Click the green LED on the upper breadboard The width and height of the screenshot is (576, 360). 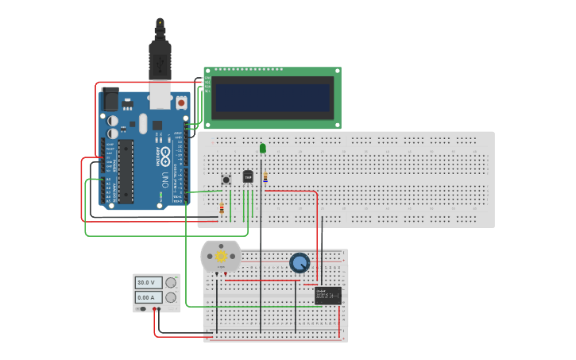[262, 148]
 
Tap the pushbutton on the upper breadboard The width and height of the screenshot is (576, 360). [226, 180]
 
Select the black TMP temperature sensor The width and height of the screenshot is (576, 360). [248, 176]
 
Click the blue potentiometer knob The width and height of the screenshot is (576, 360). [300, 262]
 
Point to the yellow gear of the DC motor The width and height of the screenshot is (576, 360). [221, 257]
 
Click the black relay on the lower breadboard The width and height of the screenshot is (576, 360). [327, 296]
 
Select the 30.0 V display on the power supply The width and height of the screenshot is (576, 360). [149, 282]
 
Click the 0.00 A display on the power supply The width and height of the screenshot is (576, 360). [149, 297]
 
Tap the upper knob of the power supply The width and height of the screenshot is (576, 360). [171, 282]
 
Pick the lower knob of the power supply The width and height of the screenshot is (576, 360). [171, 297]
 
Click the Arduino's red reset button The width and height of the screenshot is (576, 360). [181, 103]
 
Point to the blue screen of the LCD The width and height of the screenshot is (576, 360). [272, 98]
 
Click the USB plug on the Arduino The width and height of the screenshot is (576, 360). [160, 60]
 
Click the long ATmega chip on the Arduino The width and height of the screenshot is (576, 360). [126, 172]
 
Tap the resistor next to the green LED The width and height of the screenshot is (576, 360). [265, 176]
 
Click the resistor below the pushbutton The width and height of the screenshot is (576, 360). [222, 208]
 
